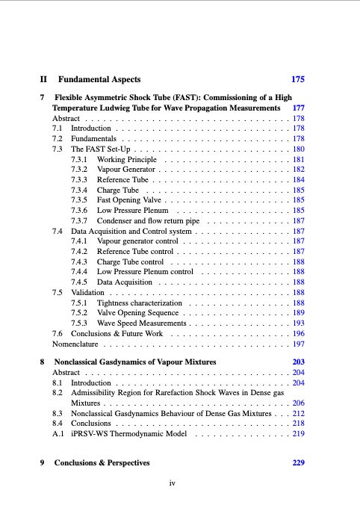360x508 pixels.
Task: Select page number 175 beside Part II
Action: click(x=297, y=78)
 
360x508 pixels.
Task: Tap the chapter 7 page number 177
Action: click(x=297, y=108)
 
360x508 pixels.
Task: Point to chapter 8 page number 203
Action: click(x=297, y=362)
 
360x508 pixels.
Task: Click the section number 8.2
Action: click(x=57, y=391)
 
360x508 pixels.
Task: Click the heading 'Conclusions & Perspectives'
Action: click(x=102, y=463)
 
